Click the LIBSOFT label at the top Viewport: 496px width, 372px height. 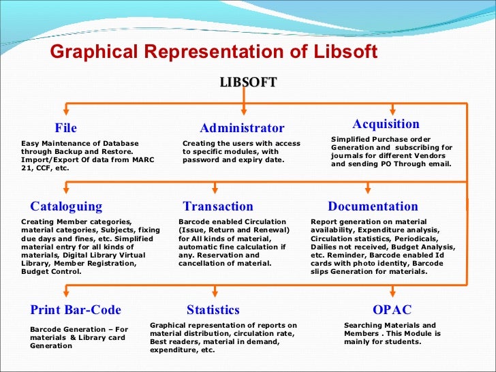click(248, 82)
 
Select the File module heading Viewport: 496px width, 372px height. click(66, 128)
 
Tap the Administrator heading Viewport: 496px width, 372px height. click(242, 128)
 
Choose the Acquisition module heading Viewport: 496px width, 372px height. click(386, 124)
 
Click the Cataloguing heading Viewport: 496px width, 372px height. click(66, 206)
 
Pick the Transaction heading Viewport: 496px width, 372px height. click(218, 206)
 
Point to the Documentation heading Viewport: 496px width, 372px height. click(373, 206)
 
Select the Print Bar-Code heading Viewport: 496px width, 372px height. click(75, 310)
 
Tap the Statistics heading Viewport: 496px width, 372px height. click(213, 310)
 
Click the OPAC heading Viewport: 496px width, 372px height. click(392, 310)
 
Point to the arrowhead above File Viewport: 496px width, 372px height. click(66, 111)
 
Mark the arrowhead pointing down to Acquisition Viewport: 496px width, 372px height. click(392, 110)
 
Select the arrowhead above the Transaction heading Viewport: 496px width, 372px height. click(216, 190)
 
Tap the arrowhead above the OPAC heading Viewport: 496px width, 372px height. click(392, 294)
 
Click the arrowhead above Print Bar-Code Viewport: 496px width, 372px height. click(65, 294)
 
